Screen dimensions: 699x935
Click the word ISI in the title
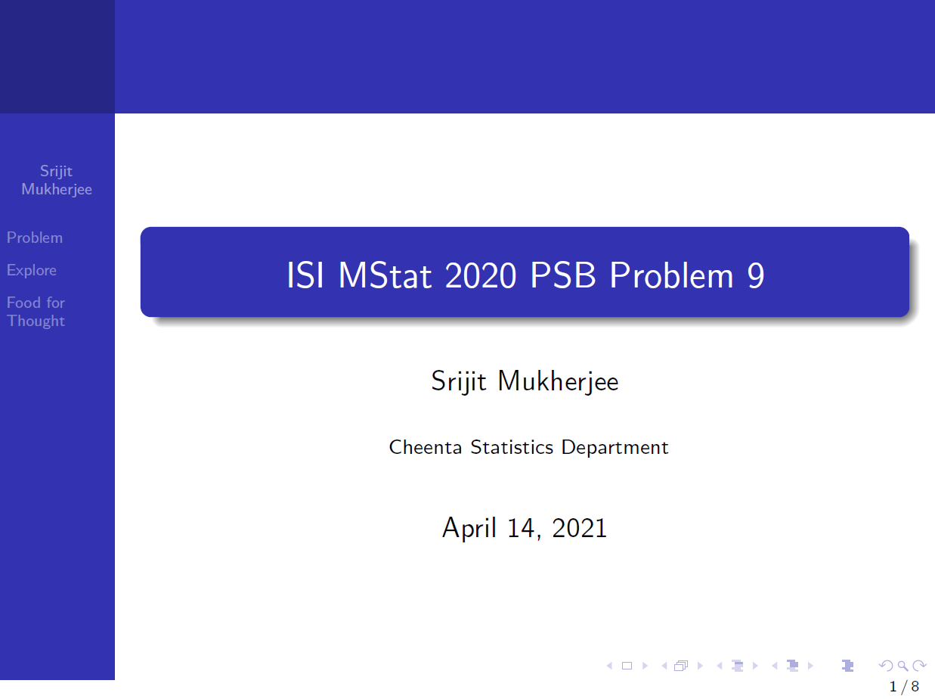pyautogui.click(x=305, y=276)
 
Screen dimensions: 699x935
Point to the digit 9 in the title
pyautogui.click(x=755, y=276)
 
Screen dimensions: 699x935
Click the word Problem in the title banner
pyautogui.click(x=671, y=276)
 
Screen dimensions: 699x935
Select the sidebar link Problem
pyautogui.click(x=35, y=238)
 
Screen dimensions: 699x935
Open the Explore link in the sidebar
pyautogui.click(x=32, y=270)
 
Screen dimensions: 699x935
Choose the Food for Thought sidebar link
pyautogui.click(x=36, y=312)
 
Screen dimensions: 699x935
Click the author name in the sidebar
pyautogui.click(x=57, y=180)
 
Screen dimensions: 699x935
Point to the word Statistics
pyautogui.click(x=512, y=447)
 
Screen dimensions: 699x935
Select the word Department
pyautogui.click(x=615, y=447)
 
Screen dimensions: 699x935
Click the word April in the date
pyautogui.click(x=469, y=527)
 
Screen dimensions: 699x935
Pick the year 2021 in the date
pyautogui.click(x=580, y=527)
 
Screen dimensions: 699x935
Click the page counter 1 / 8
pyautogui.click(x=904, y=686)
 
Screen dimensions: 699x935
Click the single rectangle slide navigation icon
pyautogui.click(x=627, y=666)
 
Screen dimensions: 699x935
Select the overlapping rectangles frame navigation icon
pyautogui.click(x=681, y=666)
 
